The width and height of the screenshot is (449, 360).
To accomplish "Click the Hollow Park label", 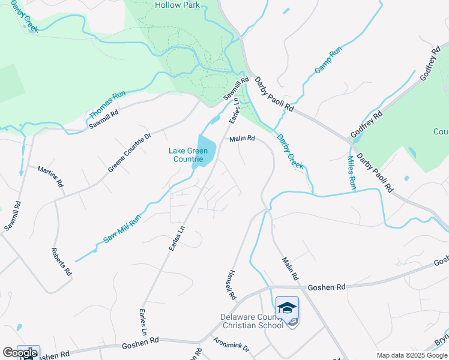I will (178, 5).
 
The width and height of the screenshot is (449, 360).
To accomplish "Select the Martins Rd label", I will (50, 177).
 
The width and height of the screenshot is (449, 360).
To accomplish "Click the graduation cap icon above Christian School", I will (288, 308).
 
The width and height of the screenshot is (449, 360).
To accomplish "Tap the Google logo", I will (20, 353).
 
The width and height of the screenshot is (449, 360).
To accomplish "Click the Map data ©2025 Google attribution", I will (412, 355).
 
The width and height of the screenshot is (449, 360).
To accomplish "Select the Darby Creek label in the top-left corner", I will (23, 18).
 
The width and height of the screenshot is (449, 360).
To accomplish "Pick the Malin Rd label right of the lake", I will (242, 139).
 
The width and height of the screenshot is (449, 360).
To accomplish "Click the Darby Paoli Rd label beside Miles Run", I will (375, 173).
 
